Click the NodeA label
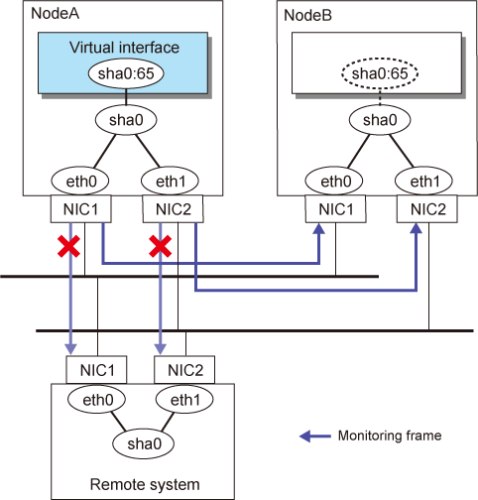[x=55, y=14]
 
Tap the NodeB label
[x=307, y=16]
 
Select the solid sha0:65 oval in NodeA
[x=126, y=73]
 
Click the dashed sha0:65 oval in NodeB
[x=380, y=73]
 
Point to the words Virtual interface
[x=124, y=48]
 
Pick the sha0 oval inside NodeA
[x=126, y=120]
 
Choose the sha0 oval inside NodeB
[x=380, y=120]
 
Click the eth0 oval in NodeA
[x=80, y=181]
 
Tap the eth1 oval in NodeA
[x=170, y=181]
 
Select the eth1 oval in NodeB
[x=424, y=181]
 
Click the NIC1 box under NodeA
[x=81, y=209]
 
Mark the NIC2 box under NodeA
[x=173, y=209]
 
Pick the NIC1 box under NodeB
[x=335, y=209]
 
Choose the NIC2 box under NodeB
[x=427, y=209]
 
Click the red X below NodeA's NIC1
[x=68, y=246]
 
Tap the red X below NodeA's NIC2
[x=161, y=246]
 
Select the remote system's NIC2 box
[x=184, y=370]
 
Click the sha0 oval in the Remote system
[x=144, y=443]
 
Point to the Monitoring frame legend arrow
[x=315, y=437]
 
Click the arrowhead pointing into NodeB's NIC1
[x=319, y=229]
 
